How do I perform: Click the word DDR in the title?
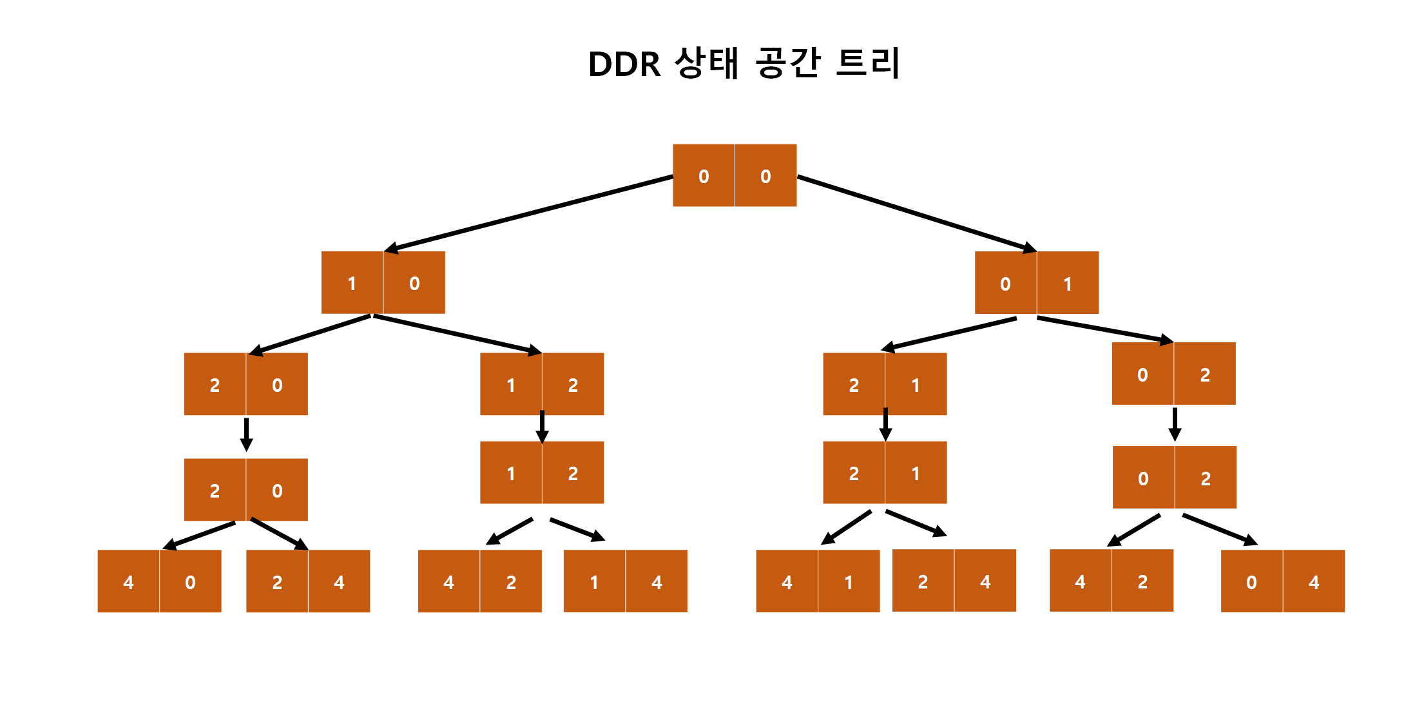[x=624, y=64]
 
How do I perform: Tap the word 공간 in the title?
[x=787, y=63]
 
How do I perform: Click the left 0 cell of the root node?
[x=704, y=176]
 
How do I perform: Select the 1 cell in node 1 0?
[x=352, y=283]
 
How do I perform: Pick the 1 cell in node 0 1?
[x=1068, y=284]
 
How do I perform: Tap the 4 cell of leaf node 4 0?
[x=128, y=582]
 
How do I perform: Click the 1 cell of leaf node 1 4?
[x=594, y=582]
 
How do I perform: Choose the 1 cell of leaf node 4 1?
[x=849, y=582]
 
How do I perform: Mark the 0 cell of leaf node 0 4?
[x=1251, y=582]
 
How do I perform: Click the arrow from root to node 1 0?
[x=528, y=213]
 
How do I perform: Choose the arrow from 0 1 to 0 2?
[x=1104, y=329]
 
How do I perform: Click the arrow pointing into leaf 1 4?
[x=577, y=529]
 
